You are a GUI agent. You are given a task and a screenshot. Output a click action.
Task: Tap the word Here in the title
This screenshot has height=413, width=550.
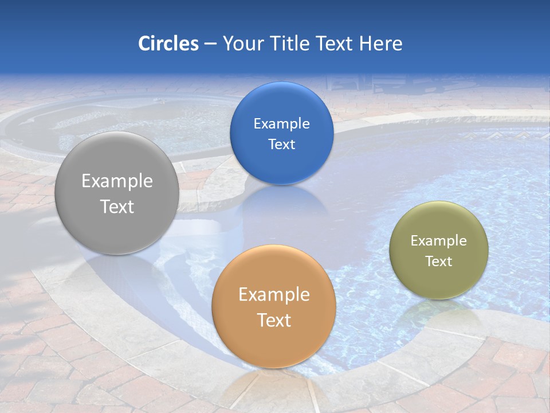[381, 44]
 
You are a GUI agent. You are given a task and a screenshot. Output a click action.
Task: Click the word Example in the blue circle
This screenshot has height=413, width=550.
[281, 123]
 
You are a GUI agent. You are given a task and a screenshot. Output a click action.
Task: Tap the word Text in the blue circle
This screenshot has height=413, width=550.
[281, 144]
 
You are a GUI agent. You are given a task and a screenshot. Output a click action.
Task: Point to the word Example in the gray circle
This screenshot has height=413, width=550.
[117, 181]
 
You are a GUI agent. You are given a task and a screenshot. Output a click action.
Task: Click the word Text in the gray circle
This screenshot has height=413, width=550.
[117, 206]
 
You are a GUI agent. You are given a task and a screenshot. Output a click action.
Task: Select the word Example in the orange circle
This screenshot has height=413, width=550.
[274, 294]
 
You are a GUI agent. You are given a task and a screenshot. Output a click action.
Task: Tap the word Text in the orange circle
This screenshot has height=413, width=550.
[274, 320]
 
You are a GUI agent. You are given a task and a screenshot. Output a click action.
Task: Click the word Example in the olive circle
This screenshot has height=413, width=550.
[439, 240]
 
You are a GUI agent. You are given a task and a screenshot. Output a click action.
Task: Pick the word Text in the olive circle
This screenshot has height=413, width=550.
[439, 261]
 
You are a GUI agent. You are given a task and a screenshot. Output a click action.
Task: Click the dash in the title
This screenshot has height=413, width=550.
[210, 44]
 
